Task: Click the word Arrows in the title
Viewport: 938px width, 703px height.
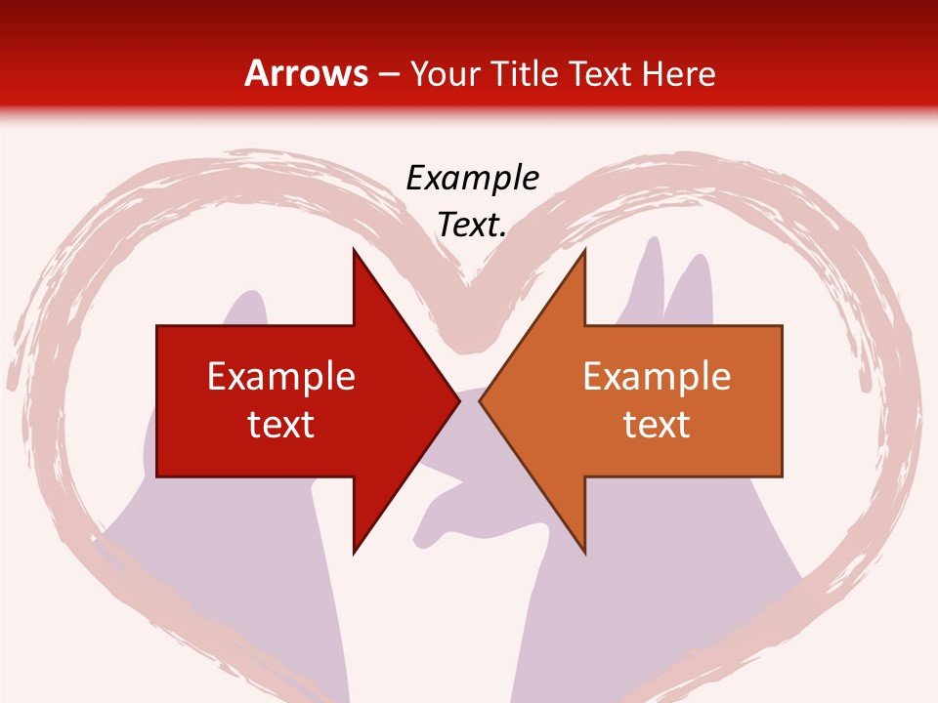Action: tap(307, 74)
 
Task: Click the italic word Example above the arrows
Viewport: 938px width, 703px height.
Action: tap(473, 178)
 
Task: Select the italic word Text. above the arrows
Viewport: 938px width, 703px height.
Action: tap(473, 226)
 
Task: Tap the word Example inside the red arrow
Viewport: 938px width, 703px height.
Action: tap(281, 376)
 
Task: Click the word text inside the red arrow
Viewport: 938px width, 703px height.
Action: tap(281, 424)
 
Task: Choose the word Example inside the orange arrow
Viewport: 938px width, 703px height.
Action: tap(657, 376)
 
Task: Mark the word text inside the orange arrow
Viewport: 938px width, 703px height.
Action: tap(657, 424)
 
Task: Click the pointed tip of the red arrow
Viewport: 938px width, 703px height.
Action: tap(458, 400)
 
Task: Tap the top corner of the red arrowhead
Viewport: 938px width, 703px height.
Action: tap(354, 250)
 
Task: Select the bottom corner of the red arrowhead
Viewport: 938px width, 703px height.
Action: tap(354, 552)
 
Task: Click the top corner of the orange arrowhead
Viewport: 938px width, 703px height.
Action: tap(584, 250)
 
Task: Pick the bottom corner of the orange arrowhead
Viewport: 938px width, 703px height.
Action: tap(584, 552)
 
